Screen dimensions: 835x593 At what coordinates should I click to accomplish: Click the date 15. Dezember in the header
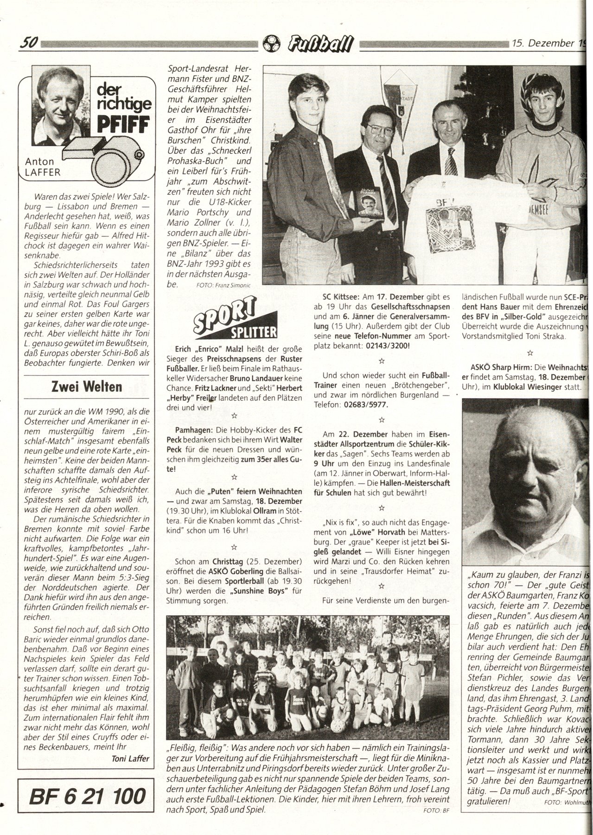[x=542, y=44]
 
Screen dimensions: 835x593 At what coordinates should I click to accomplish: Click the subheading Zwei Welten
[x=85, y=386]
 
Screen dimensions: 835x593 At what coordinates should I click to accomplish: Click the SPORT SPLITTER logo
[x=235, y=321]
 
